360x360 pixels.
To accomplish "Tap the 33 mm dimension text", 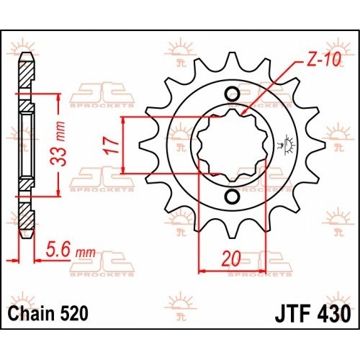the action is point(58,144).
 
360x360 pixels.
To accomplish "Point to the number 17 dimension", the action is point(110,145).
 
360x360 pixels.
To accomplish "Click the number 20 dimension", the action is point(231,259).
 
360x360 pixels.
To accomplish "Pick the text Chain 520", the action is point(48,314).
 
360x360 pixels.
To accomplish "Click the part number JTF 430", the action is point(312,314).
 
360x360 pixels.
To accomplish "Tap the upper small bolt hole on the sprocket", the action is point(233,94).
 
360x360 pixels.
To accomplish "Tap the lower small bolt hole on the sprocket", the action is point(233,197).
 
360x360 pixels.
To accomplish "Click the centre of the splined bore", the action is point(233,145).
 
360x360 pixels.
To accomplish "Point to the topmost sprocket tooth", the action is point(232,60).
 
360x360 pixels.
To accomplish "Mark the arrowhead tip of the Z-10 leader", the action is point(241,114).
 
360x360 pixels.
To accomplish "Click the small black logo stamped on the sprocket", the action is point(287,145).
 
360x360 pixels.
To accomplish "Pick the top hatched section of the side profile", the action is point(26,74).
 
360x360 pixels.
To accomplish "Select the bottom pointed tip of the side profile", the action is point(27,238).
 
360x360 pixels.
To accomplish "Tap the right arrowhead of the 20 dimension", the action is point(266,271).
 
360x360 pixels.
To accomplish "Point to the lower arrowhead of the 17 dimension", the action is point(123,173).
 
